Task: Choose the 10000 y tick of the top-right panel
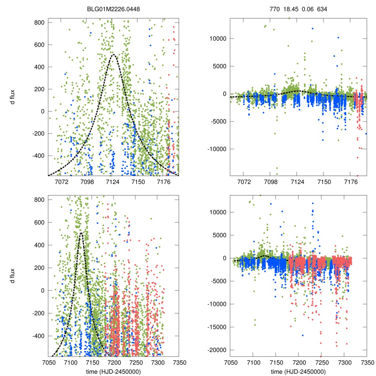(219, 39)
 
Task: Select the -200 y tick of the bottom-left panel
(37, 313)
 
